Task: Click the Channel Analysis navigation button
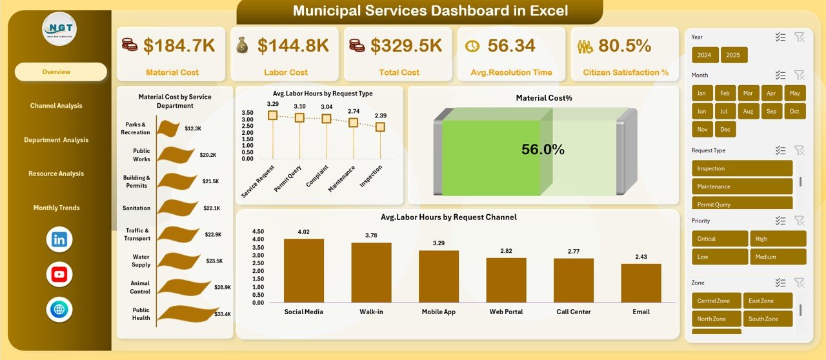(x=56, y=106)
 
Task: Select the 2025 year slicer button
(x=734, y=55)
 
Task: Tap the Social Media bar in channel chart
(x=304, y=270)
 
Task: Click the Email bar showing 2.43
(x=641, y=283)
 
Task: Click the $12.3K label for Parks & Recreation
(x=193, y=128)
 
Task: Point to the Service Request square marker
(x=272, y=115)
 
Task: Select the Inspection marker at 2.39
(x=380, y=127)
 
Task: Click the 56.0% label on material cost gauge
(x=543, y=150)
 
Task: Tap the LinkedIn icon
(x=59, y=239)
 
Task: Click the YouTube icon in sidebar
(x=59, y=275)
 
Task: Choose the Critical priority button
(x=720, y=239)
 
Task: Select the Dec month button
(x=726, y=129)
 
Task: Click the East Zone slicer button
(x=769, y=301)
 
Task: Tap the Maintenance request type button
(x=742, y=186)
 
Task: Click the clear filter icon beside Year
(x=800, y=37)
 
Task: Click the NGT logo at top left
(x=59, y=29)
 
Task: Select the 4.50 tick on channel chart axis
(x=257, y=231)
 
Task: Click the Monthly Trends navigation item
(x=56, y=208)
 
